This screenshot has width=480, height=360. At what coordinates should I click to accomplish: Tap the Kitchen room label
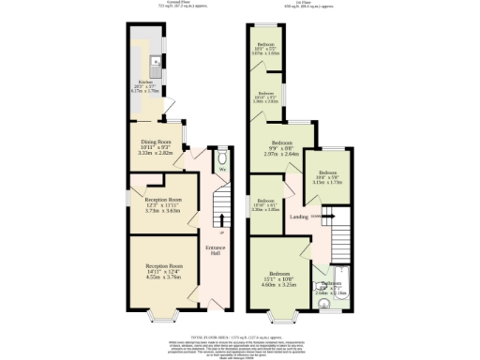click(145, 81)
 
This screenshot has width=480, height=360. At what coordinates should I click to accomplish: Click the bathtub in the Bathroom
click(344, 286)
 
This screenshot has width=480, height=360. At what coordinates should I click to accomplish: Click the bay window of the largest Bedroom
click(278, 318)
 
